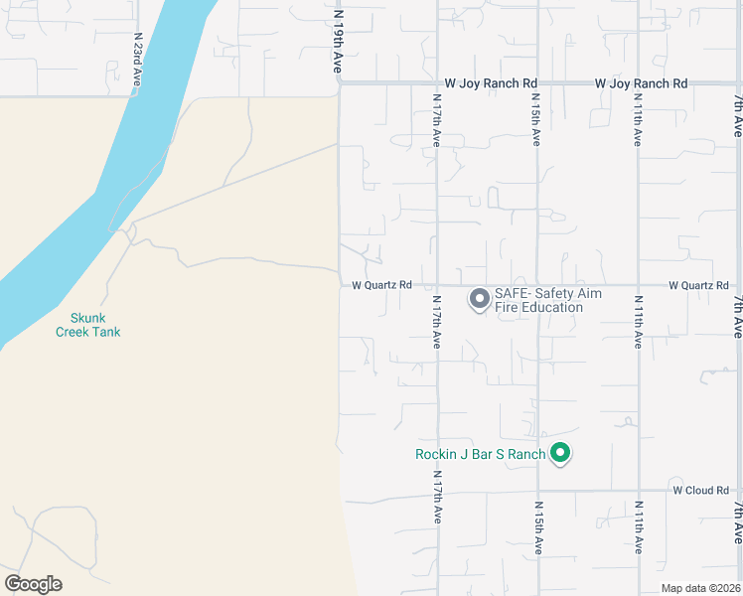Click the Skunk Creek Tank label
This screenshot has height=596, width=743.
tap(87, 325)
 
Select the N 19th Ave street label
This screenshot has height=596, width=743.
tap(338, 43)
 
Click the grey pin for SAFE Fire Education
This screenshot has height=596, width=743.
tap(479, 298)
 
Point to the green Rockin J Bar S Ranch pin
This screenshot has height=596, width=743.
tap(560, 454)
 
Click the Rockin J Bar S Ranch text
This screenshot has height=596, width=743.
tap(481, 455)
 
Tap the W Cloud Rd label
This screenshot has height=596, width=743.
tap(701, 490)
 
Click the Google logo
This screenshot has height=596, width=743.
tap(33, 584)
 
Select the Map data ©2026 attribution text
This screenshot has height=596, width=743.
tap(701, 588)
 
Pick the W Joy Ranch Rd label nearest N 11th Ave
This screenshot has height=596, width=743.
tap(641, 83)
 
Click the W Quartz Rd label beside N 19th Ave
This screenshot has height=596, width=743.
tap(381, 285)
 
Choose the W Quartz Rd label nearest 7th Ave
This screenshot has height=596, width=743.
tap(698, 285)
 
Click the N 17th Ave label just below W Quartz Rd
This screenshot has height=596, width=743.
tap(436, 321)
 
